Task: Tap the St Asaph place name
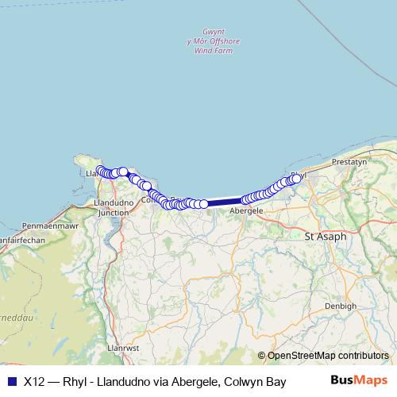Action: coord(326,236)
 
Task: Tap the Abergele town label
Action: coord(245,210)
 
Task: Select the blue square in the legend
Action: coord(12,382)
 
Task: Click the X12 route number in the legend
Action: coord(34,382)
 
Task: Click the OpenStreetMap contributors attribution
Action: coord(329,356)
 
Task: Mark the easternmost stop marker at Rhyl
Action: coord(297,179)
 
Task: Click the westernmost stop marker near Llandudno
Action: coord(100,169)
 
